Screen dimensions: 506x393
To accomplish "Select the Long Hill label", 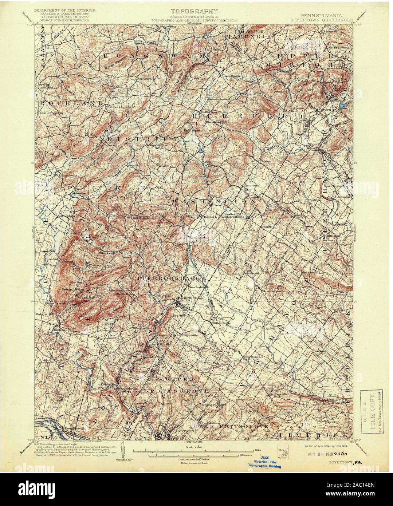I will (x=102, y=273).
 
